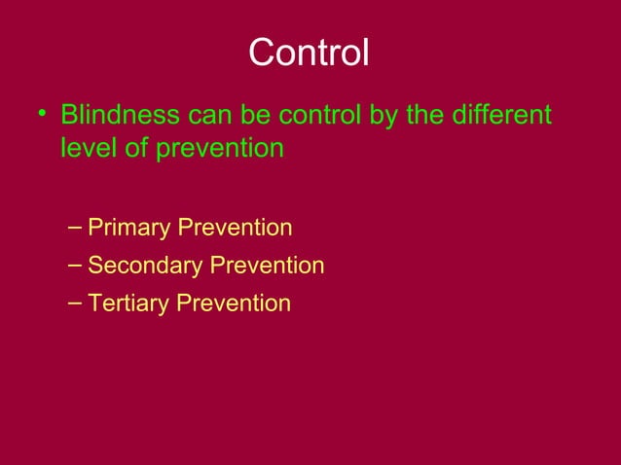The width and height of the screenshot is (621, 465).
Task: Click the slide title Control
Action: (x=309, y=53)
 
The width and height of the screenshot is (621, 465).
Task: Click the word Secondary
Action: (x=143, y=266)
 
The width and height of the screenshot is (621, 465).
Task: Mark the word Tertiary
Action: (x=128, y=304)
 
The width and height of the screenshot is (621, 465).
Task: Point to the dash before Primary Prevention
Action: (x=77, y=228)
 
